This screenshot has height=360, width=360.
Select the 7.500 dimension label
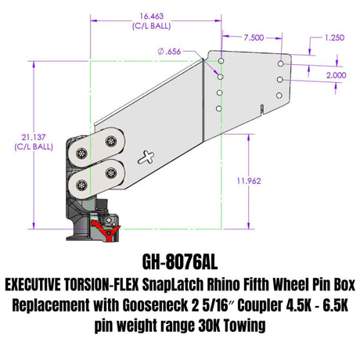tap(252, 37)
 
